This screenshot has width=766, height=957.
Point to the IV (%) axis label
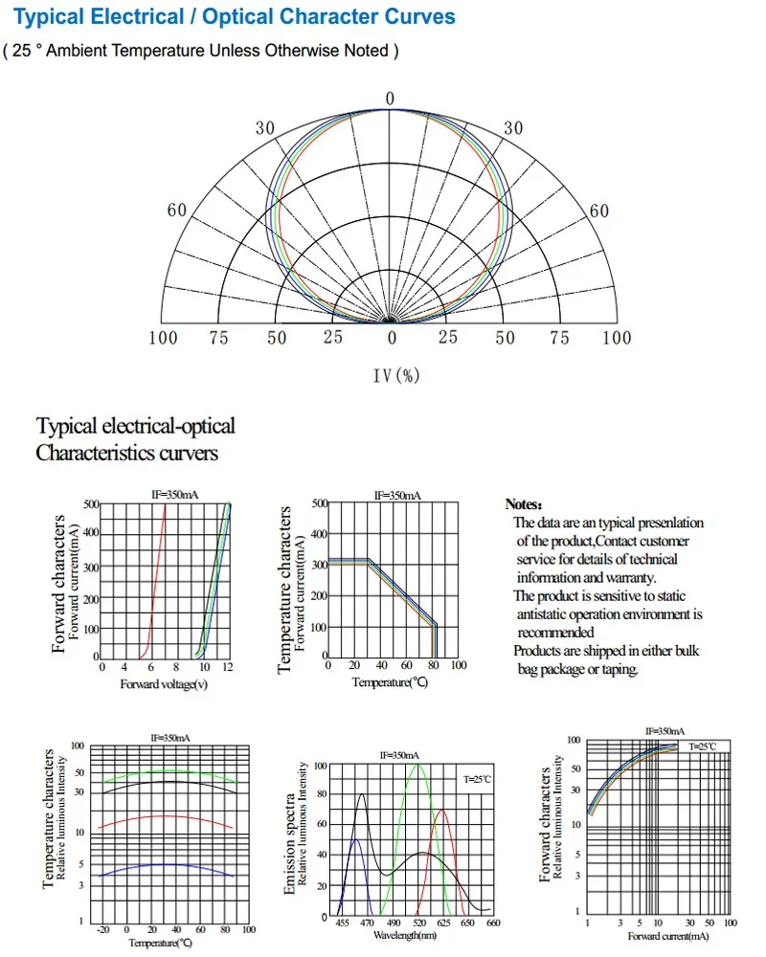click(396, 375)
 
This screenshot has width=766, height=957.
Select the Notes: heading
click(524, 504)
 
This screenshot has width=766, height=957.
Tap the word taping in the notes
click(620, 670)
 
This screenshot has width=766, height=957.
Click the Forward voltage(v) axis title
click(164, 684)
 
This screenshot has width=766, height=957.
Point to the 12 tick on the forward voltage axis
click(228, 667)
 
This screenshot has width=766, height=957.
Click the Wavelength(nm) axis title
click(405, 935)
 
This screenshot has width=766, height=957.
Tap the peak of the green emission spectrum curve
click(417, 764)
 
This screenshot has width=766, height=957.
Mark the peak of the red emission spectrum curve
click(442, 810)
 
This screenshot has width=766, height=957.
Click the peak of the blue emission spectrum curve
click(356, 839)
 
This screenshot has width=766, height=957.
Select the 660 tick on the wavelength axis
click(493, 923)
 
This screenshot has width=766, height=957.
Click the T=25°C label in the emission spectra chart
click(477, 779)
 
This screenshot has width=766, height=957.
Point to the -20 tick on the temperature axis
click(103, 929)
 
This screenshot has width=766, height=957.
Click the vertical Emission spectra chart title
click(289, 844)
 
